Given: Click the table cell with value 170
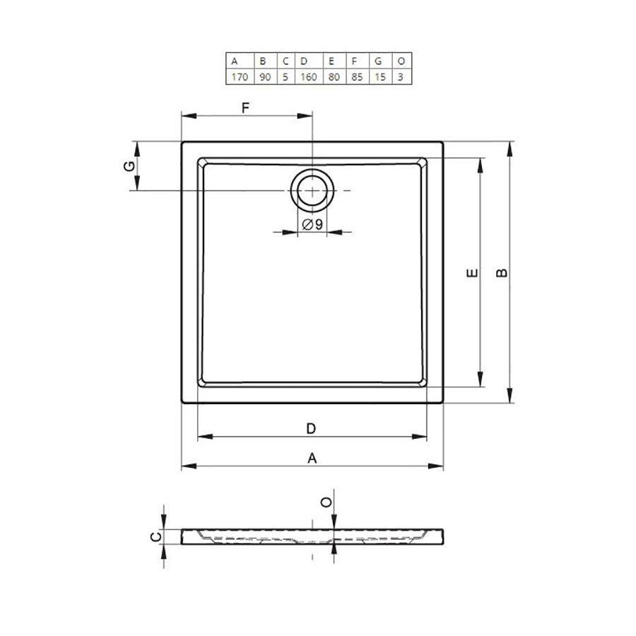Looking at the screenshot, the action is coord(240,76).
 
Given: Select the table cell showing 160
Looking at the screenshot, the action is coord(309,76).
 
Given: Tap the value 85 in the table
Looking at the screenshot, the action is coord(358,76).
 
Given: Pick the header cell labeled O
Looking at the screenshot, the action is coord(401,61).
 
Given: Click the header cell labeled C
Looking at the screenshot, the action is coord(286,61).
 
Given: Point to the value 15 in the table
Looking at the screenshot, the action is coord(380,76).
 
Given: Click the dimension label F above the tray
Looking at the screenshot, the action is coord(245,108).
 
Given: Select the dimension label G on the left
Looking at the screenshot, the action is coord(129,166).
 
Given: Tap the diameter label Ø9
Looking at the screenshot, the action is coord(313,224).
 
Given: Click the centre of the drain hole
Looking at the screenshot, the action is coord(312,191).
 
